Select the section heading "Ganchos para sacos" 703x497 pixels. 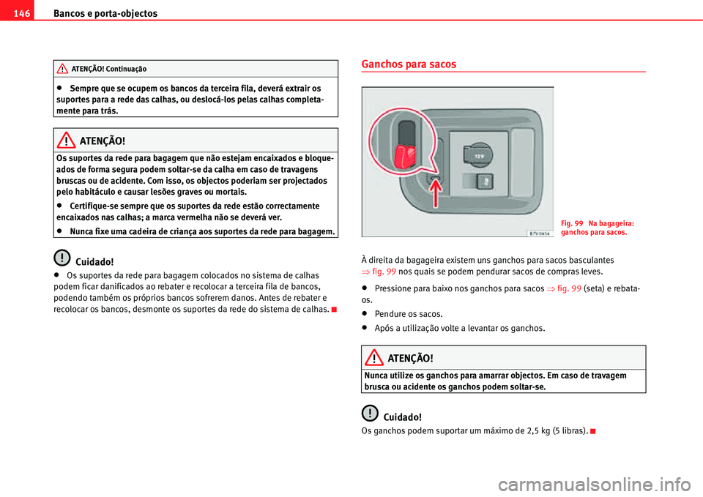tap(409, 64)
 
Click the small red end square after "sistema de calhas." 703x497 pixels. tap(334, 309)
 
